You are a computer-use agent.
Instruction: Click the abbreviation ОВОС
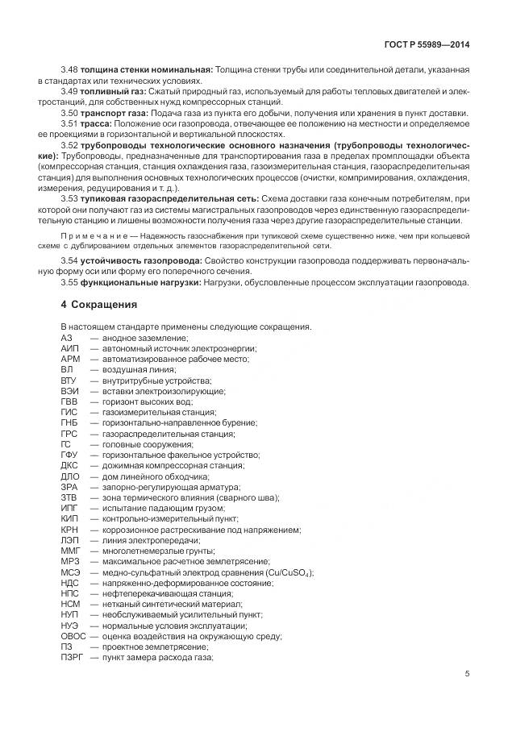[x=73, y=636]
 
